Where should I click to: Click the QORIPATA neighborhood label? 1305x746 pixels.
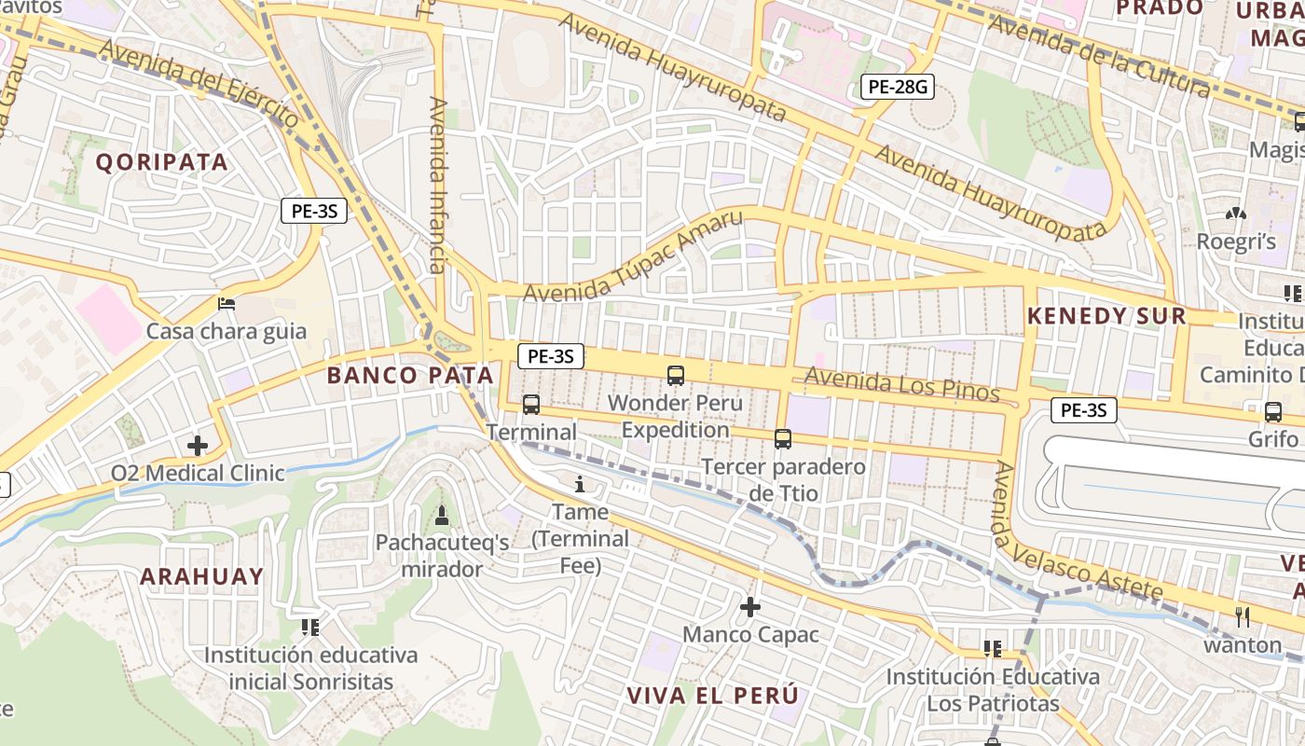pos(162,161)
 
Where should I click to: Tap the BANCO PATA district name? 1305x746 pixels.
pos(410,376)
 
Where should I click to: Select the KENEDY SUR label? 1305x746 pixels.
pos(1106,316)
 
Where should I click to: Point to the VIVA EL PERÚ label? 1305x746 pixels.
pos(712,696)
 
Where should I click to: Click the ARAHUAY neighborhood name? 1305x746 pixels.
pos(202,576)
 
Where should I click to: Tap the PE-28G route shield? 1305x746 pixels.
pos(897,88)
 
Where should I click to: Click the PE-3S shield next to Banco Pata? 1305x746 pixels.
pos(551,355)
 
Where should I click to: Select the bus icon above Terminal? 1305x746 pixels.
pos(531,405)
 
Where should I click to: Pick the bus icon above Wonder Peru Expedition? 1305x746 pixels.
pos(676,376)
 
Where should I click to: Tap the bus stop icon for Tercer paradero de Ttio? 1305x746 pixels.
pos(783,438)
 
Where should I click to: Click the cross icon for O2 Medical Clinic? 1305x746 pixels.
pos(198,446)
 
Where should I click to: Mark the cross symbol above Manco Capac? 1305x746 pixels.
pos(750,607)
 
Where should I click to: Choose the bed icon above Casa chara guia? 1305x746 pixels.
pos(227,303)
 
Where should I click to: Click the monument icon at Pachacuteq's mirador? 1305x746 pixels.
pos(442,515)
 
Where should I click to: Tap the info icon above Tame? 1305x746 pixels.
pos(580,484)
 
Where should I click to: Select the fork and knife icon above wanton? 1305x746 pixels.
pos(1242,616)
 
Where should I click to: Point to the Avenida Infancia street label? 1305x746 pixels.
pos(439,185)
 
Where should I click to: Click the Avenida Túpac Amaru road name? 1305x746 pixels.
pos(633,256)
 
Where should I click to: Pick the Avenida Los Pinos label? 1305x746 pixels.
pos(901,384)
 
